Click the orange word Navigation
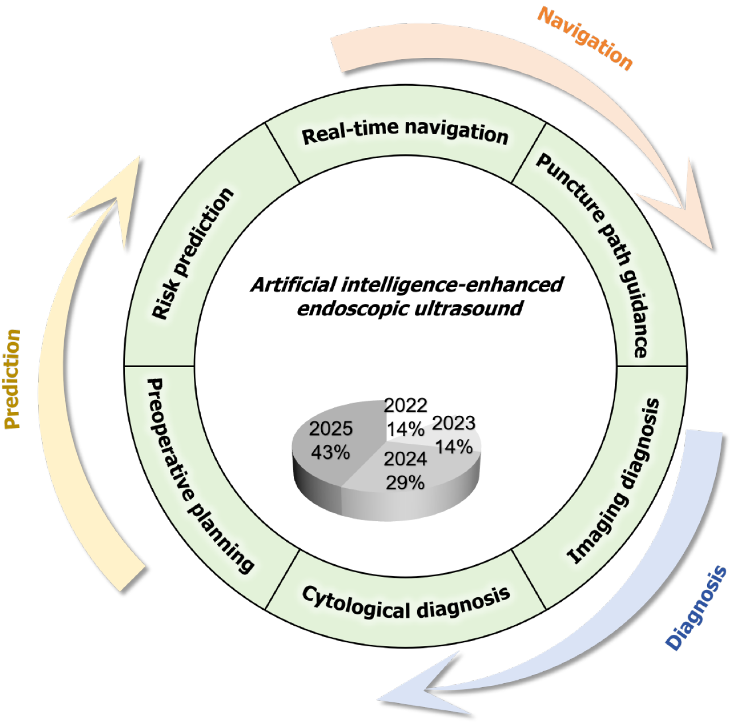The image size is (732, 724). [x=585, y=39]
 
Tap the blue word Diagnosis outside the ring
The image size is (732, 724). [x=696, y=608]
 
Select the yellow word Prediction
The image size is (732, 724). [x=13, y=378]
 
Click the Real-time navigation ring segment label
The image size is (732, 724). [x=405, y=132]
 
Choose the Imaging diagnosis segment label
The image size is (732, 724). [x=614, y=481]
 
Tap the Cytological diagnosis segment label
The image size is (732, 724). [x=406, y=603]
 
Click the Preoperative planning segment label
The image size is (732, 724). [x=198, y=475]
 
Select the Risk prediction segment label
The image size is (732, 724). [x=193, y=253]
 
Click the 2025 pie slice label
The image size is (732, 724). [x=331, y=428]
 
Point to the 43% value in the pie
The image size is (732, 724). [x=331, y=452]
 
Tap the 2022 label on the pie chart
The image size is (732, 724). [x=405, y=405]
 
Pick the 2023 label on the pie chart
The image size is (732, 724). [x=454, y=423]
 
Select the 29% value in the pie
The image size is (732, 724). [x=405, y=482]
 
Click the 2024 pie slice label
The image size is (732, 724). [x=405, y=459]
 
